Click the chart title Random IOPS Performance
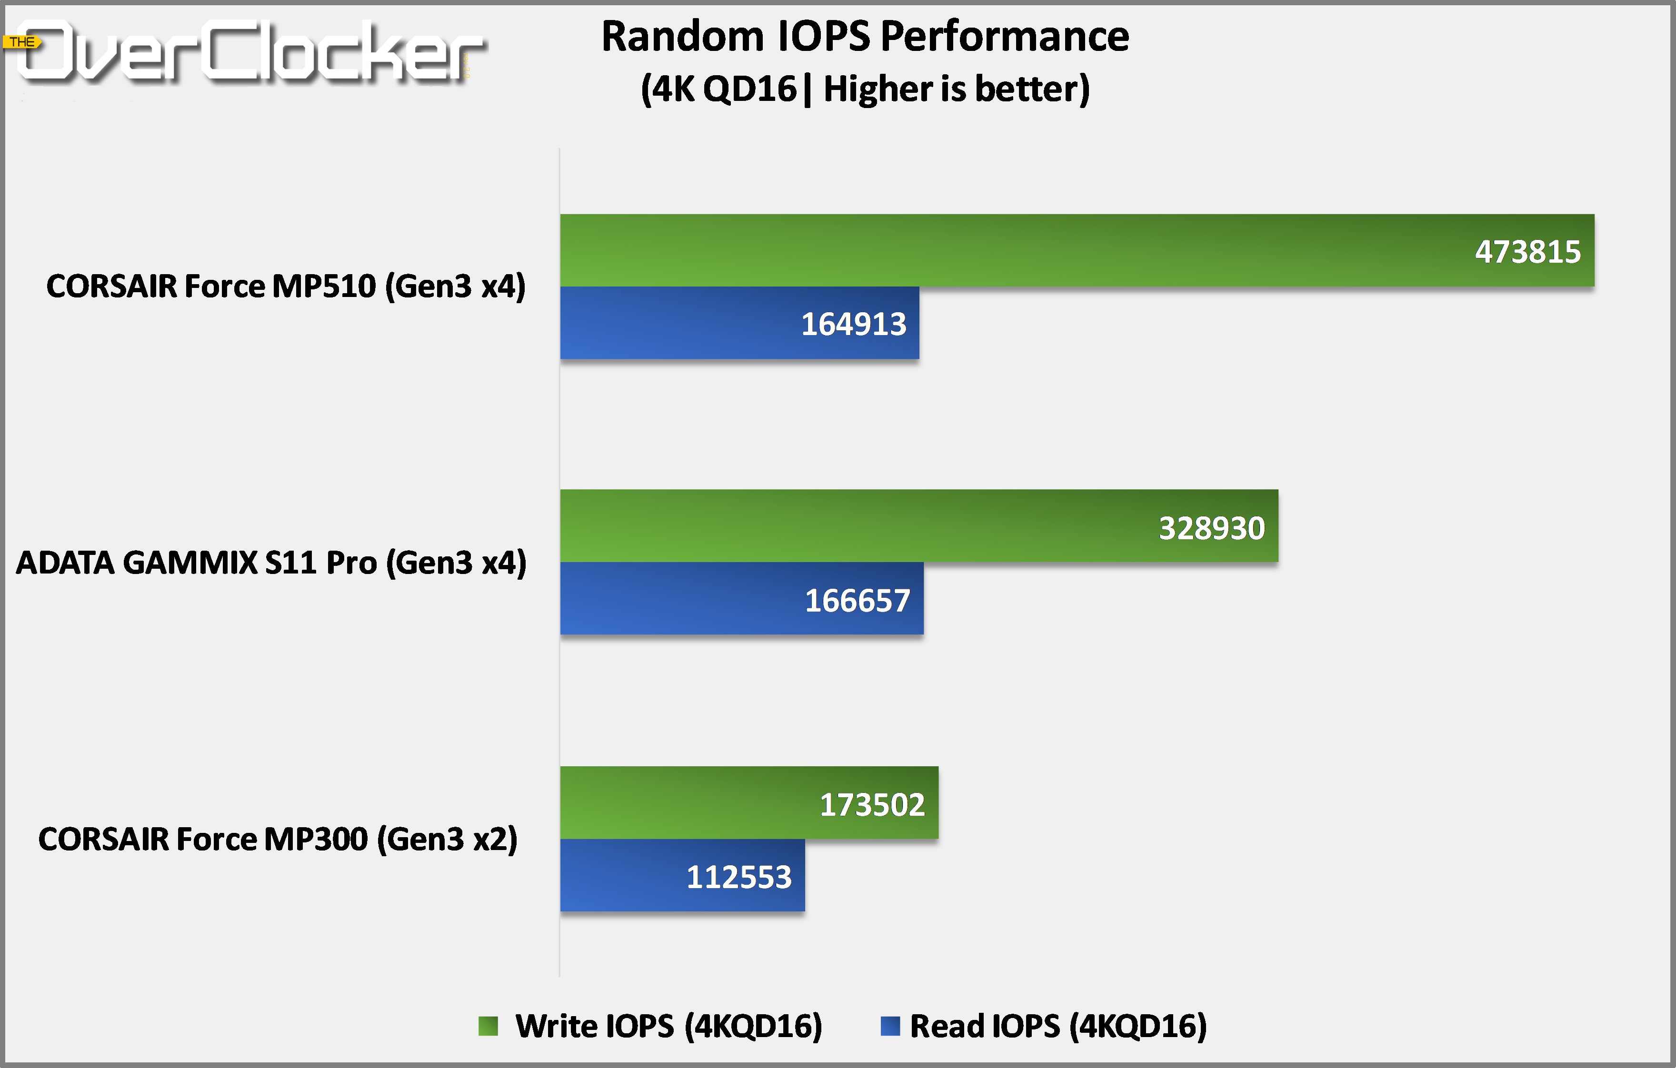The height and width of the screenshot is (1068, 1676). click(x=865, y=36)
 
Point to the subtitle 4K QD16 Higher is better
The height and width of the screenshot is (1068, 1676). click(x=865, y=89)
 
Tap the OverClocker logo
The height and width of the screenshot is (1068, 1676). click(x=250, y=52)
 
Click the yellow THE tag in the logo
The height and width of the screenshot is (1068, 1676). click(x=22, y=42)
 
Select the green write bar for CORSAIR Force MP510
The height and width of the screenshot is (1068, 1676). click(x=975, y=250)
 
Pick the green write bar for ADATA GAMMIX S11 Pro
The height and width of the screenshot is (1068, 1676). click(x=835, y=526)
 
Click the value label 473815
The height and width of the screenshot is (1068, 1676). click(x=1528, y=252)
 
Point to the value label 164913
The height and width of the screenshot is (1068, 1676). click(x=853, y=324)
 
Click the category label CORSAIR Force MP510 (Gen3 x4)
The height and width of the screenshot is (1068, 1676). click(x=285, y=286)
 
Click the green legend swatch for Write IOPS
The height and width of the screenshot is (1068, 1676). click(x=488, y=1026)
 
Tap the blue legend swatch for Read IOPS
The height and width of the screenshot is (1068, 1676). click(x=889, y=1026)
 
